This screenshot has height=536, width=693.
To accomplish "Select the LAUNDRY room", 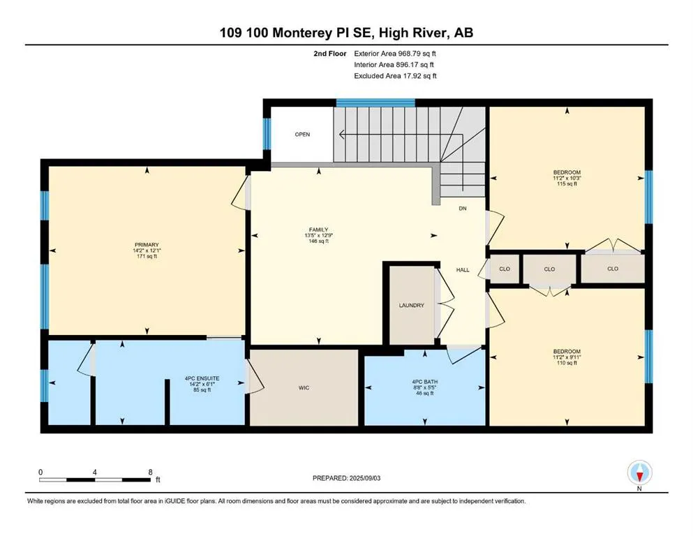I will [x=412, y=305].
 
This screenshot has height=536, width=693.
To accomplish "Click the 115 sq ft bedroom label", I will [x=566, y=172].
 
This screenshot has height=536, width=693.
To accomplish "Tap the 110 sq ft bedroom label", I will [x=566, y=351].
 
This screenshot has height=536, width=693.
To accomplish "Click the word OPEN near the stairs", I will [x=301, y=135].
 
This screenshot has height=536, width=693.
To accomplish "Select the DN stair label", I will [x=462, y=209].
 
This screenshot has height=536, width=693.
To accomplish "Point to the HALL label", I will [x=463, y=269].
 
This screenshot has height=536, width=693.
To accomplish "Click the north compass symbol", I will [x=639, y=474].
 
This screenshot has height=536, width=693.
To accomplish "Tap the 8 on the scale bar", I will [x=150, y=472].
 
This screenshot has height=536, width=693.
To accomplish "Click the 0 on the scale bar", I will [x=40, y=472].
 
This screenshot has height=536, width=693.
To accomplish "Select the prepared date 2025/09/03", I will [x=356, y=478].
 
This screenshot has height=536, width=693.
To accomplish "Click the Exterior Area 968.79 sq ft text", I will [x=396, y=53].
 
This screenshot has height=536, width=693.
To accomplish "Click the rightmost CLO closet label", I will [x=613, y=269].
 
